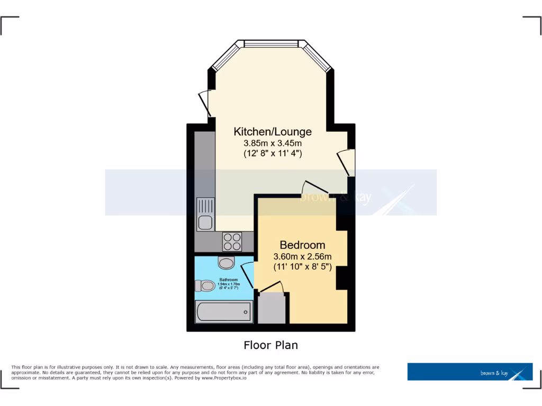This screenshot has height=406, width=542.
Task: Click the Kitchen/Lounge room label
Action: (x=273, y=132)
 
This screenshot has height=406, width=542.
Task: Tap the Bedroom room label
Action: (x=302, y=245)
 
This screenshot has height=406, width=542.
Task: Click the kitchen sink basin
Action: (x=205, y=223)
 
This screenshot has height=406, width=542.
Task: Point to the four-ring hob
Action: (x=232, y=242)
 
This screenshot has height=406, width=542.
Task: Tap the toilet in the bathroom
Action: (x=205, y=286)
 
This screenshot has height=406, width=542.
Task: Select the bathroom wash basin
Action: (x=226, y=263)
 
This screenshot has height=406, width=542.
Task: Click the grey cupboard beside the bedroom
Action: (x=272, y=308)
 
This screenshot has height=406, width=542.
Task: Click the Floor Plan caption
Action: (x=270, y=345)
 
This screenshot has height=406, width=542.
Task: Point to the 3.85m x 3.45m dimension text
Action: (x=273, y=143)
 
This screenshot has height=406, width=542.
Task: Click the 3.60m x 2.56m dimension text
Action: (x=302, y=257)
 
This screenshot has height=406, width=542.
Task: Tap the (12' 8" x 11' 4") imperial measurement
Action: (x=273, y=154)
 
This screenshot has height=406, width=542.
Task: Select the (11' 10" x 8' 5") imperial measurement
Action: (x=302, y=267)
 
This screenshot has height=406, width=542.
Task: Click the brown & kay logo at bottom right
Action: (x=469, y=372)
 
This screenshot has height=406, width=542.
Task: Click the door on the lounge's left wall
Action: (x=204, y=104)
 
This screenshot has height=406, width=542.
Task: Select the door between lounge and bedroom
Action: (x=315, y=187)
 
